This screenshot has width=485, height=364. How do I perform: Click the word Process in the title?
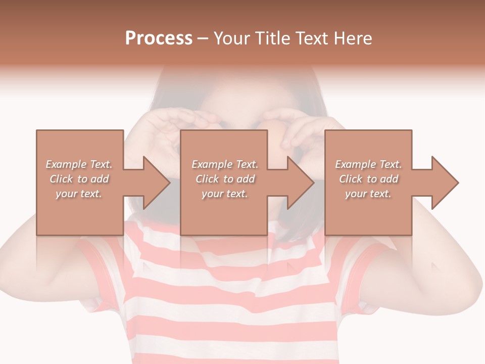click(159, 38)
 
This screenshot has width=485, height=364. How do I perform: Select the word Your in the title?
click(231, 38)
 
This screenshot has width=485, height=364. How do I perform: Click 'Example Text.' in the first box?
click(79, 164)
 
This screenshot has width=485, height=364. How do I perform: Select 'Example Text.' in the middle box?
click(225, 164)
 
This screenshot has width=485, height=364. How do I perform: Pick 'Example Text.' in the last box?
click(368, 164)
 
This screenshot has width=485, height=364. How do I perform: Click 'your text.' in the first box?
click(79, 194)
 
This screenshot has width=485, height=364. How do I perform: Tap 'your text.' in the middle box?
click(225, 194)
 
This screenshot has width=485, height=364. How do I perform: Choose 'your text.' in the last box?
click(368, 194)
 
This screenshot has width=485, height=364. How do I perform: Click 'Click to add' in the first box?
click(79, 179)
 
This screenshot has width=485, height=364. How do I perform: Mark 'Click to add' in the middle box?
click(225, 179)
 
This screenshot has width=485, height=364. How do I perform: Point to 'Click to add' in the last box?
click(368, 179)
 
